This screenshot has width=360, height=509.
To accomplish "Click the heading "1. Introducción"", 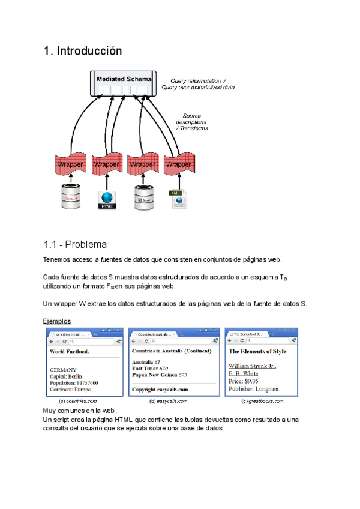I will click(83, 51).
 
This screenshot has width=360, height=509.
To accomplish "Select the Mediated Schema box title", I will click(124, 79).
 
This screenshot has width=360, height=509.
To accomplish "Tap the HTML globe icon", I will click(107, 199).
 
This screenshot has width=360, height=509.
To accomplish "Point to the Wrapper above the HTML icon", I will click(107, 164).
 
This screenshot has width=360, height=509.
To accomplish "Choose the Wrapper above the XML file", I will click(178, 164).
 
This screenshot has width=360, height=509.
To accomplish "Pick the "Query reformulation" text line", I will click(198, 80).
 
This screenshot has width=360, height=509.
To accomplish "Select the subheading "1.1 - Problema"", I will click(76, 245).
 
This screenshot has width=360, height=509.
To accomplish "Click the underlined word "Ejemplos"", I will click(57, 321).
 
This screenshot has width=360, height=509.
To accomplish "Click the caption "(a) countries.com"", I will click(77, 400).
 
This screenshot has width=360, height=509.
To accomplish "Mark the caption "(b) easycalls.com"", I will click(169, 400).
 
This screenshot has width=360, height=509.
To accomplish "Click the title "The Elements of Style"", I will click(257, 351).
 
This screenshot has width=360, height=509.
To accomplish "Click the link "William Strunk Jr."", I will click(251, 365).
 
